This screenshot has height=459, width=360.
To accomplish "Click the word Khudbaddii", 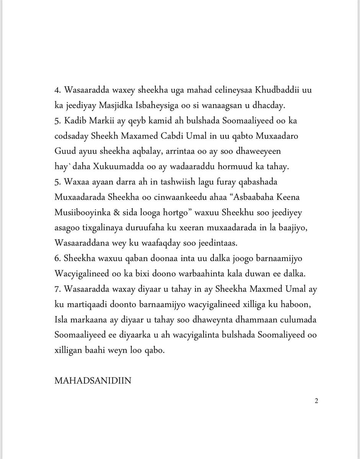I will (x=262, y=90).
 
